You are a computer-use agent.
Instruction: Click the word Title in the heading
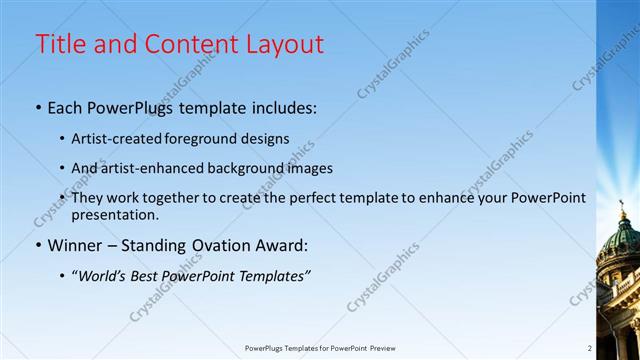point(59,44)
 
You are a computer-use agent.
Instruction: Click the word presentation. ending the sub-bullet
point(115,214)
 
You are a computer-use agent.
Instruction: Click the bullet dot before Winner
point(39,245)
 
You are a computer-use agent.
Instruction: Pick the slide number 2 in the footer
point(589,348)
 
